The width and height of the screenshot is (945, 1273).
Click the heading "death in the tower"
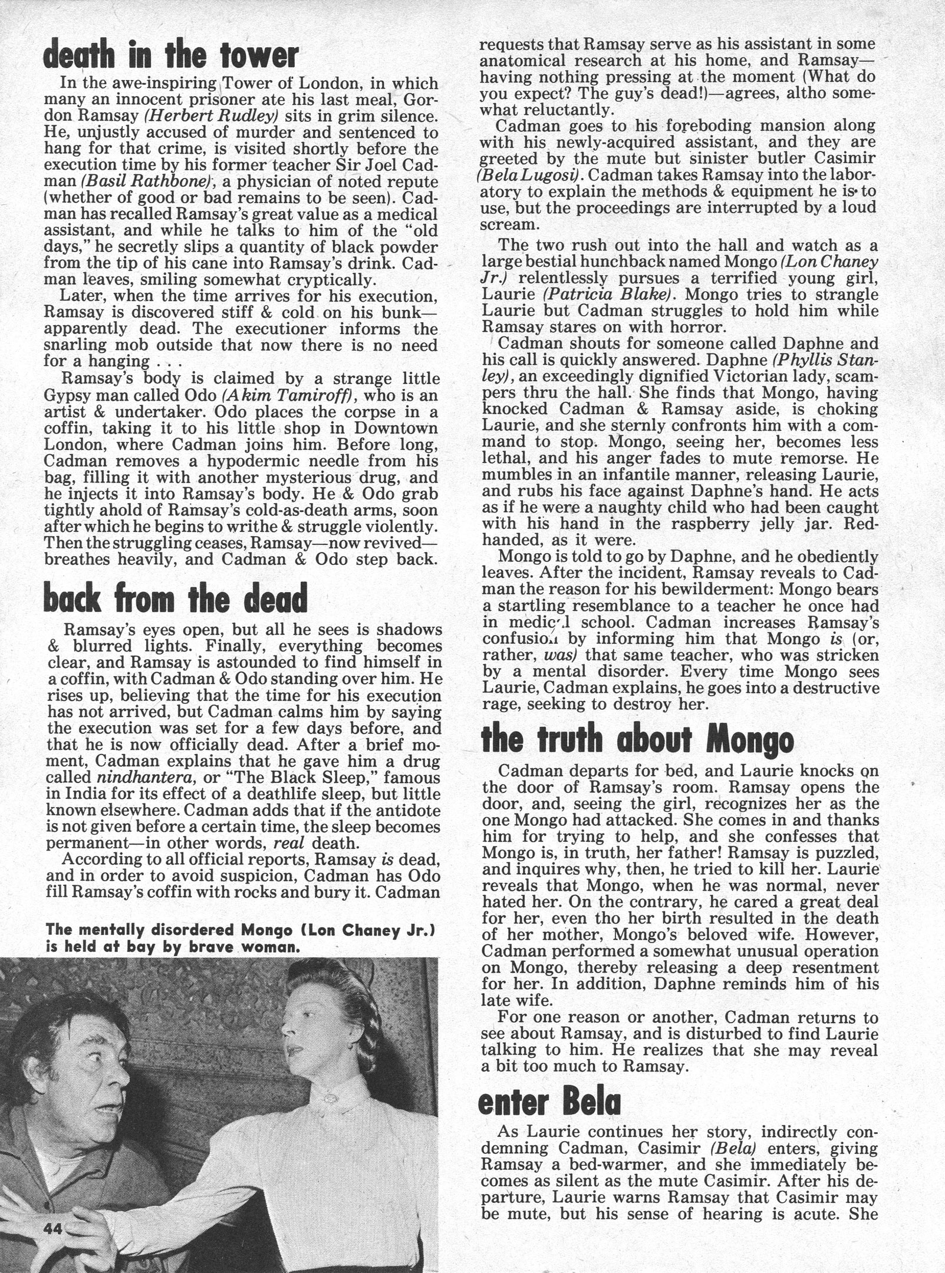[172, 56]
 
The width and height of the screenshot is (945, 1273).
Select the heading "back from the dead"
[176, 599]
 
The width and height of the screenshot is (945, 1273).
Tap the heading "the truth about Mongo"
[637, 740]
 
